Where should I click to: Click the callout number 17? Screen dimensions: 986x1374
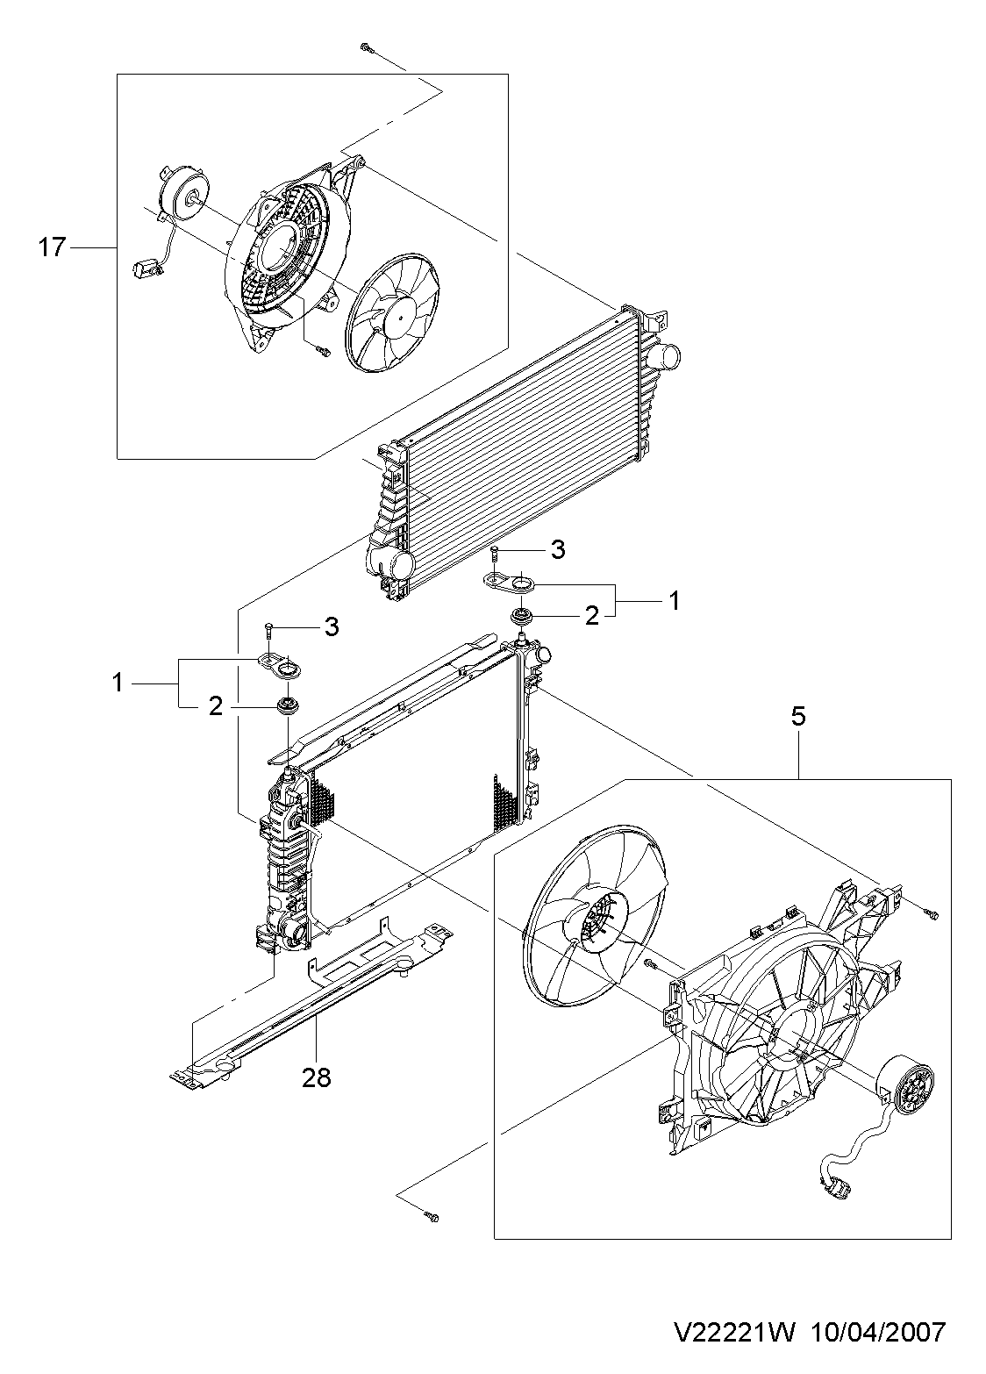tap(52, 247)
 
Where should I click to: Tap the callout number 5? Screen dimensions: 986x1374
tap(797, 717)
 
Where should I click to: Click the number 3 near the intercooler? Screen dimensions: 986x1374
tap(557, 549)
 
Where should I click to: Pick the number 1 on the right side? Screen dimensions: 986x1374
tap(674, 600)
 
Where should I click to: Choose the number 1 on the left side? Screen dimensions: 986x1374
tap(118, 683)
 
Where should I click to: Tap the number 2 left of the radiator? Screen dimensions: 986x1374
tap(215, 706)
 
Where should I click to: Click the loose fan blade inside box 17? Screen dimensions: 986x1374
tap(392, 313)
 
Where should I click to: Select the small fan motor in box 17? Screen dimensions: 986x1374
tap(182, 197)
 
